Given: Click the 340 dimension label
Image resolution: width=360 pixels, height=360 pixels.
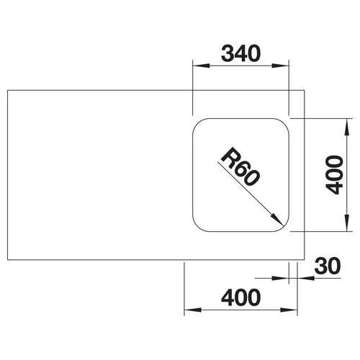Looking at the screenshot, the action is [x=240, y=53].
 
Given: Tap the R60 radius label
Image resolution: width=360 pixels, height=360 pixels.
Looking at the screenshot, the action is [x=240, y=166].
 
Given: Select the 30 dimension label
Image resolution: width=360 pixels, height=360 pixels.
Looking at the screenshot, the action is [x=328, y=266].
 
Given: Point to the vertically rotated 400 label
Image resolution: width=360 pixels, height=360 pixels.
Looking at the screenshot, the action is [x=334, y=175].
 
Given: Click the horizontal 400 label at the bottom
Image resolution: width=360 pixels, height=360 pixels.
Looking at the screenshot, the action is [x=240, y=297].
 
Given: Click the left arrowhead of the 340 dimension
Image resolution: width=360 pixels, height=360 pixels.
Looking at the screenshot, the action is [x=201, y=66].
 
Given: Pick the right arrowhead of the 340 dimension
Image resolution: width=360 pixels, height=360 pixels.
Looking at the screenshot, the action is [x=280, y=66].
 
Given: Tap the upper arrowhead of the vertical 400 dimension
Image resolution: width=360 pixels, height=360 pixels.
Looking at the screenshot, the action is [x=346, y=127].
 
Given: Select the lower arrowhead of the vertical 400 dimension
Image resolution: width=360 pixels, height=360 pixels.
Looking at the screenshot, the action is [x=346, y=223].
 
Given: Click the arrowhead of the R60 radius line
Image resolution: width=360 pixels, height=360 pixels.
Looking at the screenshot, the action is [x=277, y=220].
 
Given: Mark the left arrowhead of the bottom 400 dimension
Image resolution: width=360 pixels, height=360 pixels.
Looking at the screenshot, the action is [x=192, y=310].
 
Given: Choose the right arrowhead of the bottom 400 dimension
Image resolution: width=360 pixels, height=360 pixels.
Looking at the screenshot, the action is [x=289, y=310].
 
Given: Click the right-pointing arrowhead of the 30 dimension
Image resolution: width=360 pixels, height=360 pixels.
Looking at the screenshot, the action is [x=280, y=279].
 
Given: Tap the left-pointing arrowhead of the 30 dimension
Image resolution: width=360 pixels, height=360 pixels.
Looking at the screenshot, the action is [x=306, y=279].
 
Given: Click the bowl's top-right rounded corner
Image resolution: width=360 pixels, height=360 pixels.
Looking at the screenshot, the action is [x=284, y=123].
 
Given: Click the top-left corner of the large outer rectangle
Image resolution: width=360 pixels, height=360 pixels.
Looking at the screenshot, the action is [x=8, y=90].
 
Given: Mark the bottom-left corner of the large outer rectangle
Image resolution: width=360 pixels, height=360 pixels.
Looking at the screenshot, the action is [x=8, y=260].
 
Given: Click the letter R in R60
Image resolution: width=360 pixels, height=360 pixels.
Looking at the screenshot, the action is [x=229, y=156].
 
